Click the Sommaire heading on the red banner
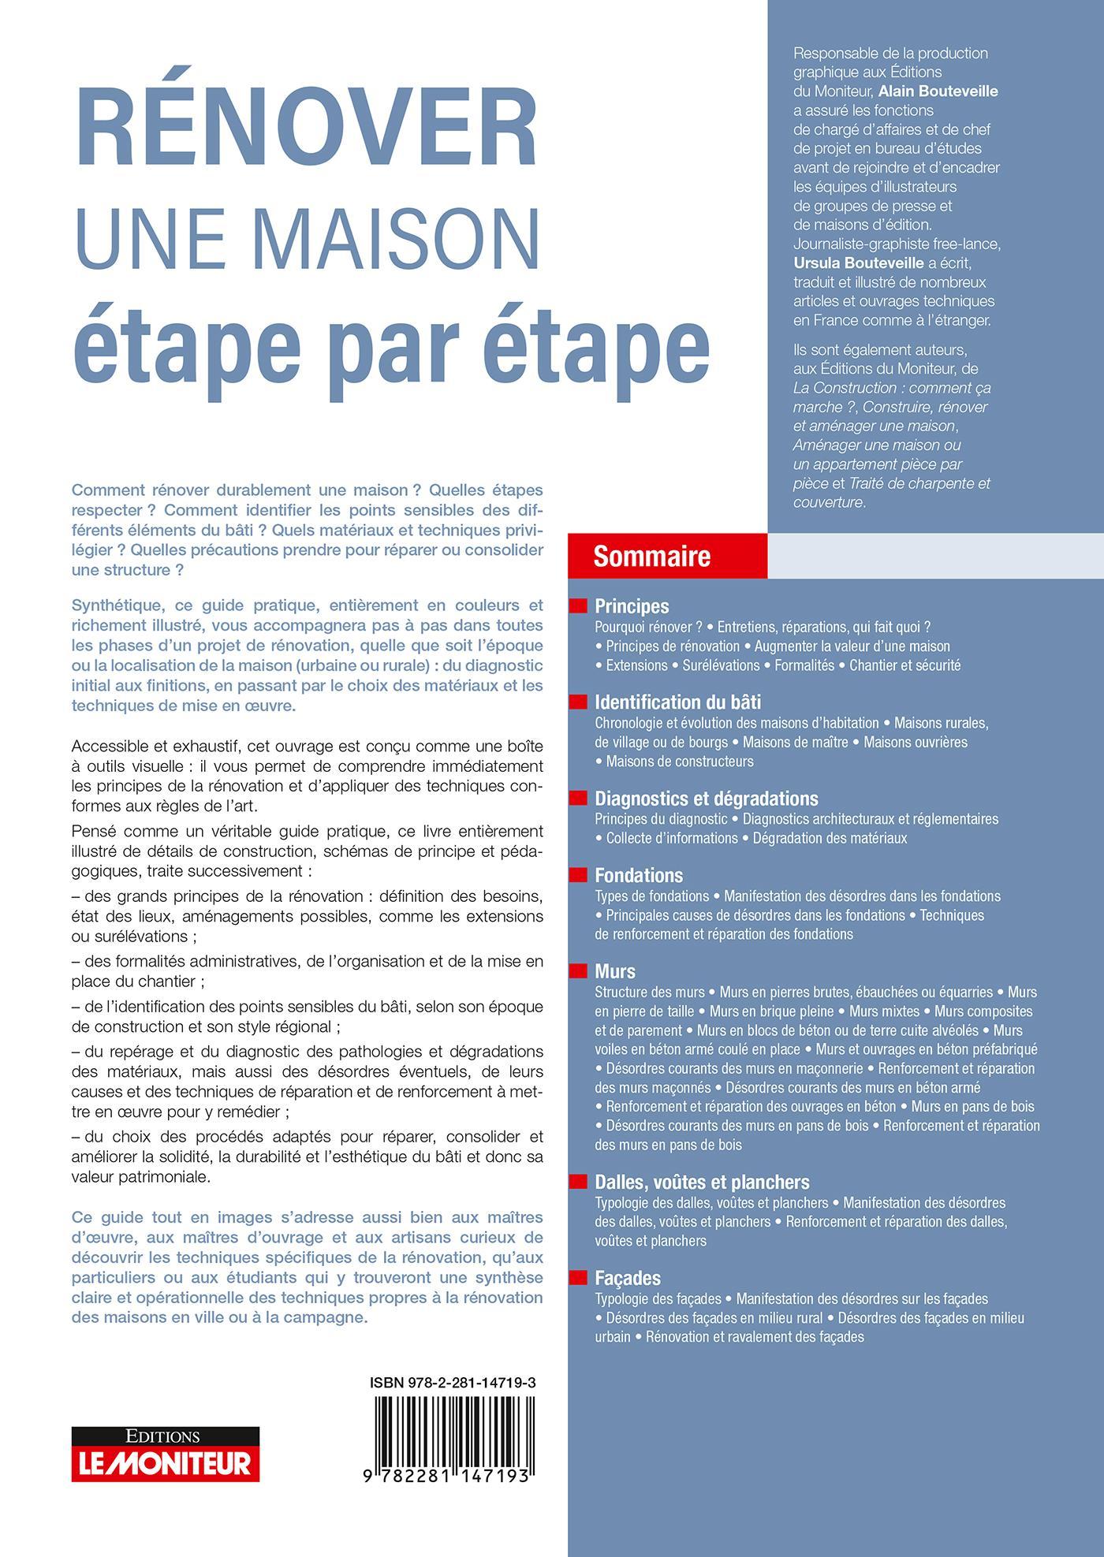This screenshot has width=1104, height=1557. click(x=651, y=557)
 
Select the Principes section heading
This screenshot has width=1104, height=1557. click(x=632, y=606)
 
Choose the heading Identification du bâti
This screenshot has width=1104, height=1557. click(x=677, y=702)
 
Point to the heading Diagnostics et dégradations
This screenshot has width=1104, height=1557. click(x=707, y=799)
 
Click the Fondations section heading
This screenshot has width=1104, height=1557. click(x=639, y=875)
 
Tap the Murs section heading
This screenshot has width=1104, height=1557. click(x=615, y=971)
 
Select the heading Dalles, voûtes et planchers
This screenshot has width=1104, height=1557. click(x=702, y=1182)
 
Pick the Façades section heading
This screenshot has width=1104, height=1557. click(x=628, y=1278)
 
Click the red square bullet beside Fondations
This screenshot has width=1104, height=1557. click(x=579, y=875)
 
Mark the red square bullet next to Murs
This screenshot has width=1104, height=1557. click(x=579, y=971)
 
